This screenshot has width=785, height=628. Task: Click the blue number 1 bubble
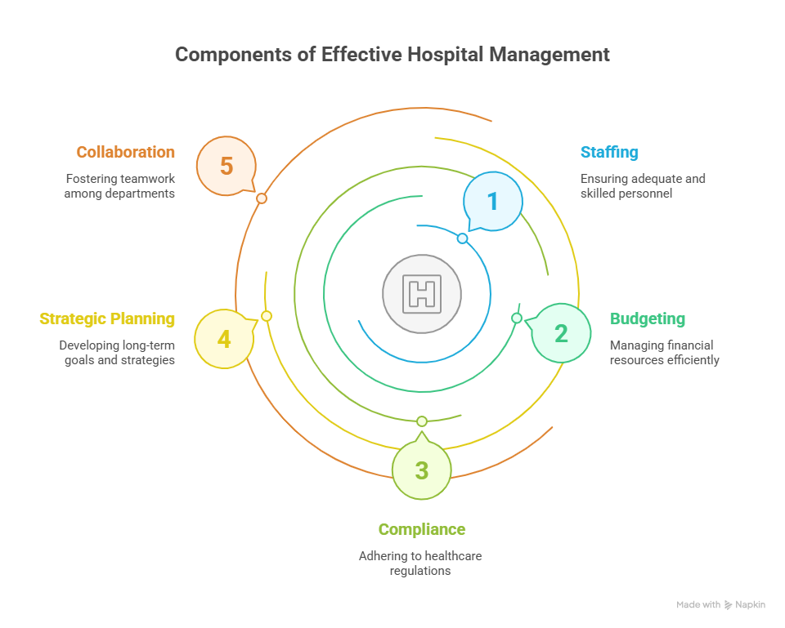[492, 201]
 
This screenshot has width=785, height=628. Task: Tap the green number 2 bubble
[561, 333]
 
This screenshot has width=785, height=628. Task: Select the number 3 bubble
[421, 470]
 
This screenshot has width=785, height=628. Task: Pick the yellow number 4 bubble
[224, 338]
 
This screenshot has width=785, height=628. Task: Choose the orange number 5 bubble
[227, 167]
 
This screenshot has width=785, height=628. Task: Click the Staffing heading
[609, 153]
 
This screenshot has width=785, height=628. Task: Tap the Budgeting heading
[647, 318]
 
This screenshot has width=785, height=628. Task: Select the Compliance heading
[421, 529]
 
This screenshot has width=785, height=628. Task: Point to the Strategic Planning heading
[107, 318]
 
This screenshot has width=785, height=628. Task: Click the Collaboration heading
[125, 153]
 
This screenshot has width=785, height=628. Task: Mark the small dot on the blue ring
[462, 238]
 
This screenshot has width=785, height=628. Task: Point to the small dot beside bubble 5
[262, 198]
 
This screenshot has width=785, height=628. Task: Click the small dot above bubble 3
[422, 421]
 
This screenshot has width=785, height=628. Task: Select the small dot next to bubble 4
[267, 316]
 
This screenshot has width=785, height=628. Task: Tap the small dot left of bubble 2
[517, 318]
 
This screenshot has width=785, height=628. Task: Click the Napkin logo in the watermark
[728, 605]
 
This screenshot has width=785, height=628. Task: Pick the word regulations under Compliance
[420, 571]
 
